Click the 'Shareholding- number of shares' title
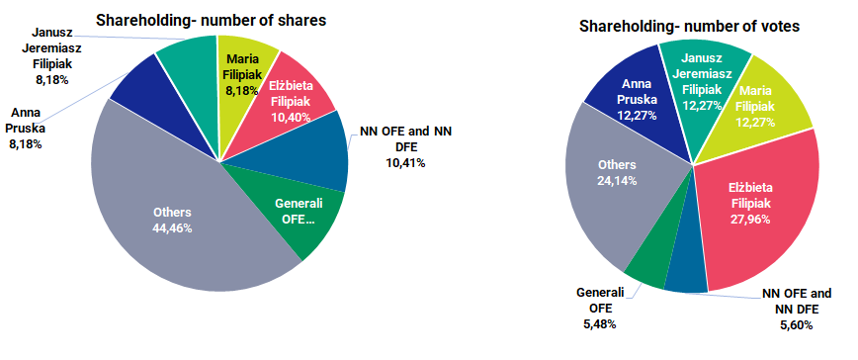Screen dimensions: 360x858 [x=210, y=19]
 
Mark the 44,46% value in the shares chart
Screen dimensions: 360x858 [x=172, y=227]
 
